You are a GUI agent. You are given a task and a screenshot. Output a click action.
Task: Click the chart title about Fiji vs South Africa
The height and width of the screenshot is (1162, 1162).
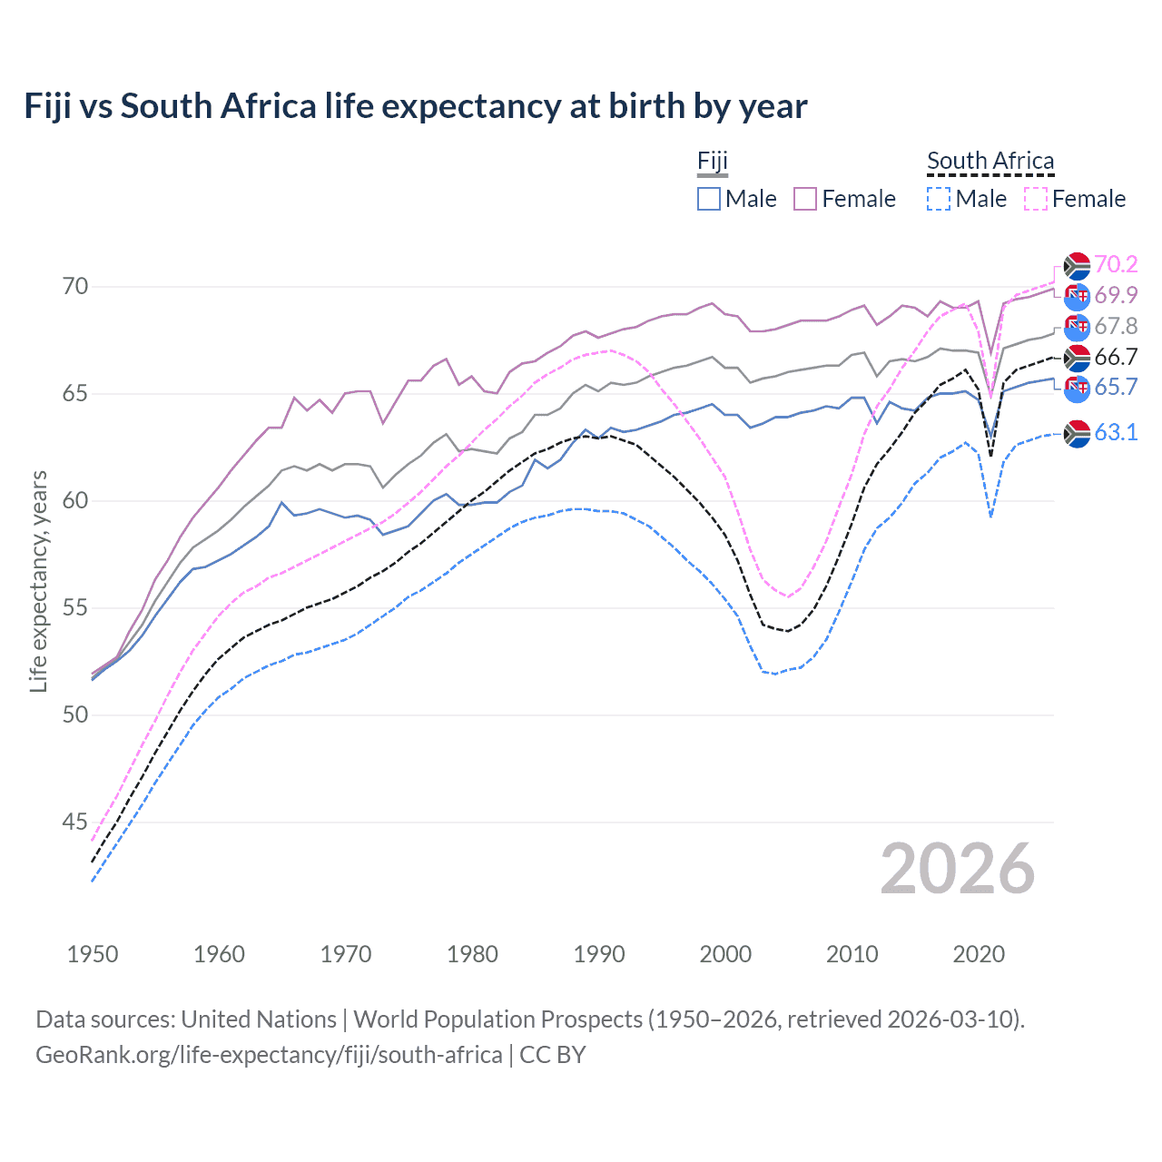pyautogui.click(x=415, y=106)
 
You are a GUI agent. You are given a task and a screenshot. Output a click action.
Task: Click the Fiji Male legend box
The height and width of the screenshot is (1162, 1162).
pyautogui.click(x=709, y=199)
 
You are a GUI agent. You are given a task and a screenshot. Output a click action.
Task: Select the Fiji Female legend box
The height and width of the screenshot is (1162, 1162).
pyautogui.click(x=805, y=199)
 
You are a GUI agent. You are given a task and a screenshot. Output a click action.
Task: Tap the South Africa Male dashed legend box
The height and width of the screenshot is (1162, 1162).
pyautogui.click(x=939, y=199)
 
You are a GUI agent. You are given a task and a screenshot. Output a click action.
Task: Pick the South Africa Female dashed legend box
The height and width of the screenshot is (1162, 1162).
pyautogui.click(x=1036, y=199)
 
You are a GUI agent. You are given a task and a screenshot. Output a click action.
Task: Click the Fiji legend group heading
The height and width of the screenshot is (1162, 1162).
pyautogui.click(x=713, y=162)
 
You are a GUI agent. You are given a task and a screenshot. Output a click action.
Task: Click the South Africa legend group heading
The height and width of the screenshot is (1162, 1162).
pyautogui.click(x=990, y=162)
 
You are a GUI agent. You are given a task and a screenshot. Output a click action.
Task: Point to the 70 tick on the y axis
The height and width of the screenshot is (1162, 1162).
pyautogui.click(x=75, y=287)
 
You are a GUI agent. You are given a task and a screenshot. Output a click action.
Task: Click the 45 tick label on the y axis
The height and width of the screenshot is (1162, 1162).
pyautogui.click(x=75, y=822)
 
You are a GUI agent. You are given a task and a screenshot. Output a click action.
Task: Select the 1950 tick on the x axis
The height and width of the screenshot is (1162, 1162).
pyautogui.click(x=93, y=954)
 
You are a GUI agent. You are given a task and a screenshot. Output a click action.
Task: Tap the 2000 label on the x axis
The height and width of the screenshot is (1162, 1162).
pyautogui.click(x=725, y=954)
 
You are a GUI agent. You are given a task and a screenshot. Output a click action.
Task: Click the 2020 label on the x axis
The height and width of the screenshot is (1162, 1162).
pyautogui.click(x=979, y=954)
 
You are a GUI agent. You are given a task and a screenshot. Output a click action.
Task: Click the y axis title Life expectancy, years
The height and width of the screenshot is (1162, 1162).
pyautogui.click(x=39, y=581)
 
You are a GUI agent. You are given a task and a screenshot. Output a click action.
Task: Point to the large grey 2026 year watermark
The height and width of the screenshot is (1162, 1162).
pyautogui.click(x=957, y=870)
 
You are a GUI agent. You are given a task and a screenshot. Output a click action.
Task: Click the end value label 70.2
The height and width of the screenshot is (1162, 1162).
pyautogui.click(x=1116, y=264)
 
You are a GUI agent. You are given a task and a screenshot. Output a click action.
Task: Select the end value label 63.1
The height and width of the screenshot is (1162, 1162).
pyautogui.click(x=1116, y=432)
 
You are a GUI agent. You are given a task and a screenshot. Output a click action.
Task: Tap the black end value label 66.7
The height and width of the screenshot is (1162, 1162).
pyautogui.click(x=1116, y=357)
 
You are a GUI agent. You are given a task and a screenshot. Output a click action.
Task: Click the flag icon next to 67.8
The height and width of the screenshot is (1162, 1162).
pyautogui.click(x=1077, y=327)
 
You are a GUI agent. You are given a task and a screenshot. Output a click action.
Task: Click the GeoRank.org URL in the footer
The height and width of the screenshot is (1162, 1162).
pyautogui.click(x=269, y=1055)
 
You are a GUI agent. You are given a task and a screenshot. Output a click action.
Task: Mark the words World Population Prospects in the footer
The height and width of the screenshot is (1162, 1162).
pyautogui.click(x=497, y=1019)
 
